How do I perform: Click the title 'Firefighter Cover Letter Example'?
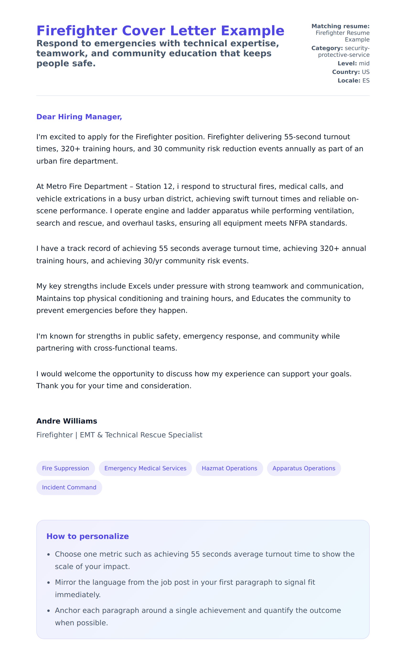tap(160, 31)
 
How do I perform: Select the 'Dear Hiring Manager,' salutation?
tap(79, 117)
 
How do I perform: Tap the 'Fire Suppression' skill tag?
tap(65, 468)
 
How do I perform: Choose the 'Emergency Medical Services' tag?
tap(145, 468)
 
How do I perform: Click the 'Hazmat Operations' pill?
tap(229, 468)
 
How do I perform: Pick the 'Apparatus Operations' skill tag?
tap(304, 468)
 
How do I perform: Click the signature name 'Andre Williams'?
tap(66, 421)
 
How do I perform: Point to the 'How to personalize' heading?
tap(87, 536)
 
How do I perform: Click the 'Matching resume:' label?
tap(340, 26)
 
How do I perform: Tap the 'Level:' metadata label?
tap(347, 63)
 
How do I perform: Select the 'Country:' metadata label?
tap(346, 72)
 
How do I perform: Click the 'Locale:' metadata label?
tap(349, 81)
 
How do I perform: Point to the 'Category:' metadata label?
tap(327, 48)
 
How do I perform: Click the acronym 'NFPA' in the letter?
tap(298, 223)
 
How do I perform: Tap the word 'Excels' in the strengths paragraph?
tap(139, 286)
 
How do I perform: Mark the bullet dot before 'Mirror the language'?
tap(48, 583)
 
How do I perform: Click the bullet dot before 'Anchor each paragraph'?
tap(48, 611)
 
